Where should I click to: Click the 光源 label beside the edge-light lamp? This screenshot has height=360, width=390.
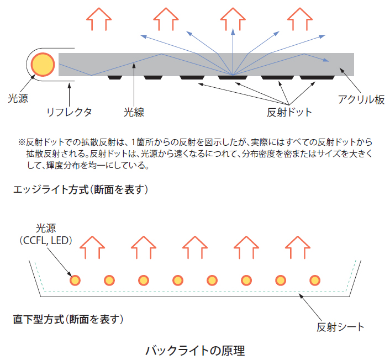pyautogui.click(x=18, y=99)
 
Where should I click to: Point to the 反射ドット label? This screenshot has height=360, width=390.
pyautogui.click(x=289, y=113)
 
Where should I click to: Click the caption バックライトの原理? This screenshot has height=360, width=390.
pyautogui.click(x=194, y=350)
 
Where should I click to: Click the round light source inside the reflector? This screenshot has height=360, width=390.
pyautogui.click(x=43, y=64)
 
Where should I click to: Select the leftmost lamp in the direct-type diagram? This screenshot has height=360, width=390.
pyautogui.click(x=75, y=280)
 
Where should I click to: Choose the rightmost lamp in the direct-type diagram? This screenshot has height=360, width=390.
pyautogui.click(x=314, y=280)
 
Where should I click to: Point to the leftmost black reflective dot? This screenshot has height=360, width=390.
pyautogui.click(x=114, y=77)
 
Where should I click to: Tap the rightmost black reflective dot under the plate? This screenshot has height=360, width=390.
pyautogui.click(x=314, y=77)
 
